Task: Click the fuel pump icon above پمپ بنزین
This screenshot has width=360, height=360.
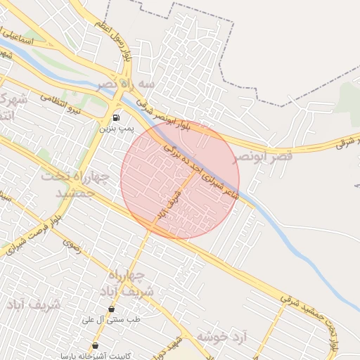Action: click(115, 117)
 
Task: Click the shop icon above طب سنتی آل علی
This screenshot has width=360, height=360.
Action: click(111, 309)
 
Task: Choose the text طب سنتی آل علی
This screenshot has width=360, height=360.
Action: click(113, 320)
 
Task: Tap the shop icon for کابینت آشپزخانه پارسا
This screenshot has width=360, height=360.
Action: click(95, 345)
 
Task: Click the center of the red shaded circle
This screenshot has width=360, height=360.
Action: click(180, 180)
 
